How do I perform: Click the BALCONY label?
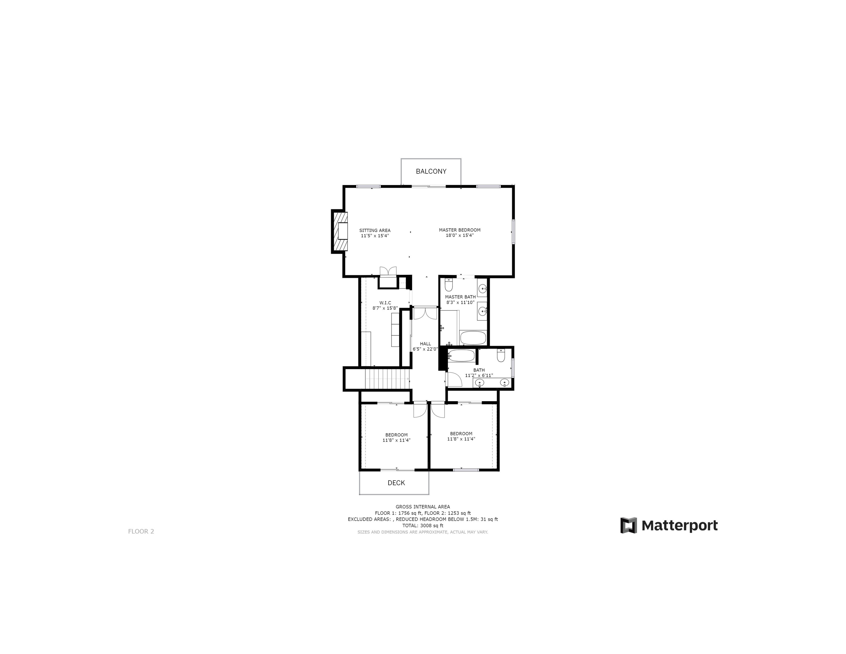pyautogui.click(x=431, y=171)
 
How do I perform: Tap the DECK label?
pyautogui.click(x=396, y=483)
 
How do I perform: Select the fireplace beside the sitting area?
pyautogui.click(x=340, y=231)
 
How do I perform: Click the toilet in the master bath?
pyautogui.click(x=449, y=285)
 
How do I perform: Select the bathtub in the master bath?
pyautogui.click(x=473, y=338)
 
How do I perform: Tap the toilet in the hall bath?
pyautogui.click(x=501, y=355)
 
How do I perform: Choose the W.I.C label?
pyautogui.click(x=385, y=303)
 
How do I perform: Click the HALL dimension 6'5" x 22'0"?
pyautogui.click(x=425, y=349)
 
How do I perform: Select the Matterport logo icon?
pyautogui.click(x=628, y=525)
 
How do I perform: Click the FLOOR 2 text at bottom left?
pyautogui.click(x=141, y=531)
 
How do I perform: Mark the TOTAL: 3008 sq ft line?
pyautogui.click(x=423, y=526)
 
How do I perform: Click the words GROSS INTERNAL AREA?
pyautogui.click(x=423, y=507)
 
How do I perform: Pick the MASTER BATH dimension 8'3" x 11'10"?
pyautogui.click(x=460, y=302)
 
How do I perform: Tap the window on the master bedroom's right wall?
pyautogui.click(x=513, y=232)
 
